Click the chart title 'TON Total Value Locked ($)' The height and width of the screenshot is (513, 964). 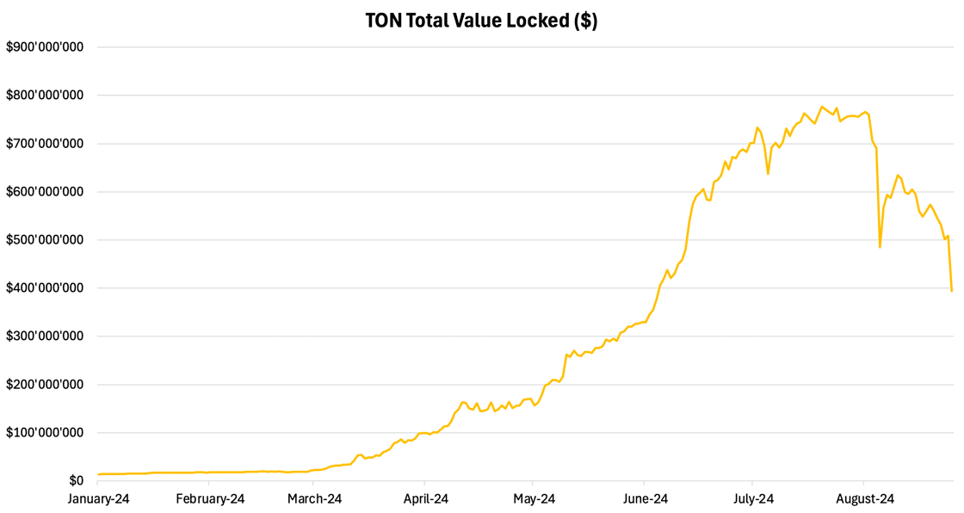point(481,21)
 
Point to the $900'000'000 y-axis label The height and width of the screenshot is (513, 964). point(45,47)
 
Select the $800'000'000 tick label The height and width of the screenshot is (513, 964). point(45,96)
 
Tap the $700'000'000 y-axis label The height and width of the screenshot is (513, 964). point(45,144)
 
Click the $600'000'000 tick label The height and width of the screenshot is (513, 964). point(45,192)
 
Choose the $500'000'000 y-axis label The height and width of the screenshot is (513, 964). point(45,240)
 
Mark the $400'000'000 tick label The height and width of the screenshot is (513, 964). point(45,288)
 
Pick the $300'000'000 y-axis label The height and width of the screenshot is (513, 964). point(45,337)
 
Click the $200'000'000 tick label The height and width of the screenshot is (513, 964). point(45,385)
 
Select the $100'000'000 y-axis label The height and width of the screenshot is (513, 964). point(45,433)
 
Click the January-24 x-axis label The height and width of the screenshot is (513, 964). point(98,498)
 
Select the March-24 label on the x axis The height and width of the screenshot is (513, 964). point(315,498)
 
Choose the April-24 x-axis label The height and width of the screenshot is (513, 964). point(424,498)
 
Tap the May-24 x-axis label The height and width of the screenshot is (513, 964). point(533,498)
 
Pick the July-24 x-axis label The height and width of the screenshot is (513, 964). point(752,498)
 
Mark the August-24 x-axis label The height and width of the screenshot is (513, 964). point(863,498)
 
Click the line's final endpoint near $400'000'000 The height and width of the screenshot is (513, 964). point(951,291)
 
